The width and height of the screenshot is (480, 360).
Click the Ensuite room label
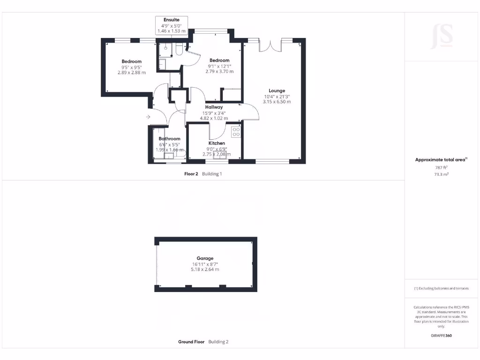tap(172, 20)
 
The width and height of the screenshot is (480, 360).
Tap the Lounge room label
tap(277, 91)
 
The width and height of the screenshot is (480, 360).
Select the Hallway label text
tap(214, 107)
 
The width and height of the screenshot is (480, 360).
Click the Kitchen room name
tap(217, 143)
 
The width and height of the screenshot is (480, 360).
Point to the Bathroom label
tap(169, 139)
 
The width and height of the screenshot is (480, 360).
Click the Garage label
tap(205, 258)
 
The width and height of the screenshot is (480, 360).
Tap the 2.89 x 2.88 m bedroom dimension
tap(131, 73)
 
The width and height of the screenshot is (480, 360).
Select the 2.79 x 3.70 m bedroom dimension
tap(219, 71)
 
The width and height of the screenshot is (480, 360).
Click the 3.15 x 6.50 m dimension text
tap(277, 102)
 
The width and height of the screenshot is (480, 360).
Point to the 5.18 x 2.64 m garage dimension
tap(205, 270)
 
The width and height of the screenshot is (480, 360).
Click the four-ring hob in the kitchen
tap(236, 132)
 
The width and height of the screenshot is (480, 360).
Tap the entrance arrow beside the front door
tap(148, 117)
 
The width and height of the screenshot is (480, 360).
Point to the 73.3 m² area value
tap(442, 174)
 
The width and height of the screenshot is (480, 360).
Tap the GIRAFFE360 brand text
tap(442, 336)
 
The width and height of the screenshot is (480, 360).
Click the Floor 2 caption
tap(191, 173)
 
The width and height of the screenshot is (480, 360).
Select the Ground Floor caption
tap(191, 342)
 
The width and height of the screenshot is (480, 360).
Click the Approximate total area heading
tap(440, 160)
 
